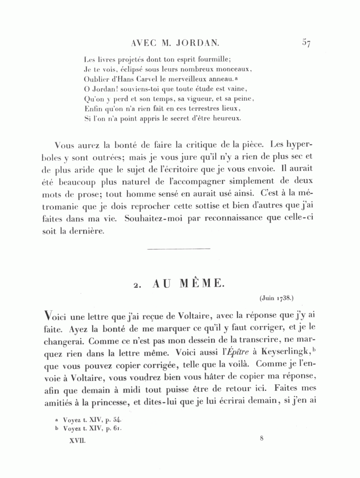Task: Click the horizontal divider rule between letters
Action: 179,250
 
